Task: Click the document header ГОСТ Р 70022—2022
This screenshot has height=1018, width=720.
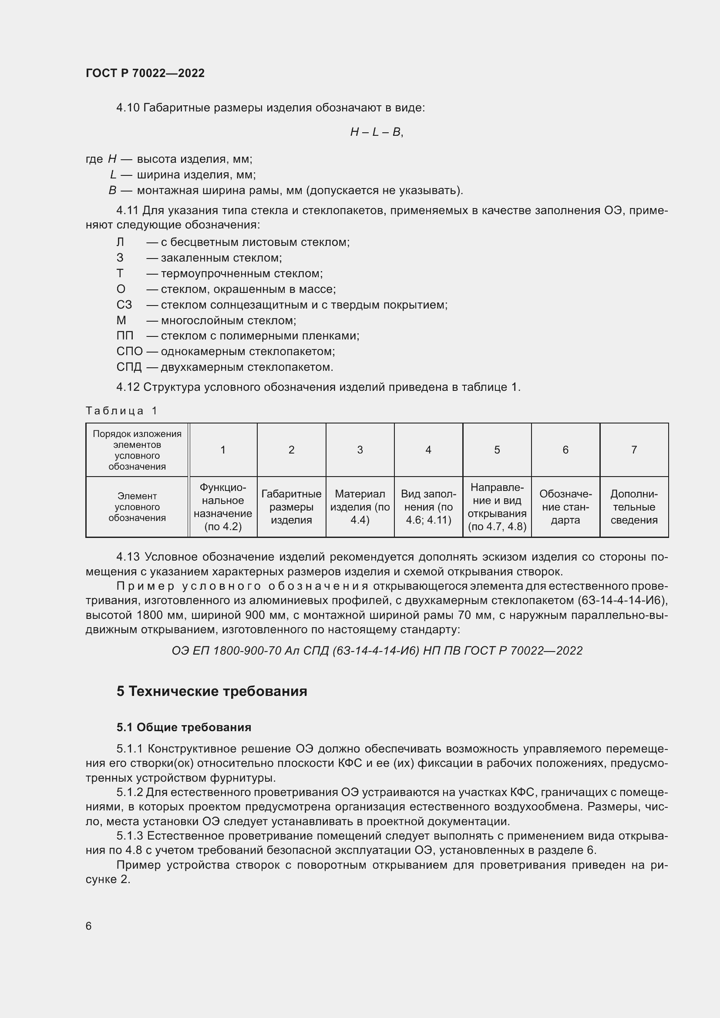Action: [x=145, y=73]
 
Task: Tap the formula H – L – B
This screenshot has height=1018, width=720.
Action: [x=377, y=132]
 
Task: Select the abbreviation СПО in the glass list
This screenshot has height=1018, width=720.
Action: [x=129, y=352]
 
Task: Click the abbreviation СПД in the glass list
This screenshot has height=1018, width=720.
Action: [x=129, y=367]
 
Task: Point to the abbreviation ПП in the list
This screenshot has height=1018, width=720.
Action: [x=124, y=336]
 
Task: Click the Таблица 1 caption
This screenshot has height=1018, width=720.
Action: [x=121, y=410]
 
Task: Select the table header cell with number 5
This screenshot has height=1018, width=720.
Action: [x=497, y=450]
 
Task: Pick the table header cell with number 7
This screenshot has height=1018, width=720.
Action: [x=633, y=450]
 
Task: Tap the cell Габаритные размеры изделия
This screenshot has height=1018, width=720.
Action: [x=291, y=507]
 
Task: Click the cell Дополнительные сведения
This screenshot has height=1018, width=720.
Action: [x=633, y=507]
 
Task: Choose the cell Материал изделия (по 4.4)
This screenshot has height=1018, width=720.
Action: [x=360, y=507]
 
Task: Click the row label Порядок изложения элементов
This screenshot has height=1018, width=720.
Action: [x=137, y=450]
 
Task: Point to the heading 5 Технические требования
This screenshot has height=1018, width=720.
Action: [x=212, y=691]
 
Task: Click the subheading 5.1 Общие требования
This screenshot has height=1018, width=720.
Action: [x=184, y=727]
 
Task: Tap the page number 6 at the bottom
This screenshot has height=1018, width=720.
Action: [x=89, y=926]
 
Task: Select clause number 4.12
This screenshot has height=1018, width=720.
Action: [x=128, y=387]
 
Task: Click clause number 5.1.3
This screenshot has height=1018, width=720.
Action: [x=129, y=836]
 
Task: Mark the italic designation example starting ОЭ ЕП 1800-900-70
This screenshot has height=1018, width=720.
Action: [x=377, y=650]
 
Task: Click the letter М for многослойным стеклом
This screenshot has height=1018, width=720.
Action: [x=121, y=320]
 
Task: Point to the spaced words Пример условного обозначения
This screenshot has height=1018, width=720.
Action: [x=242, y=586]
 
